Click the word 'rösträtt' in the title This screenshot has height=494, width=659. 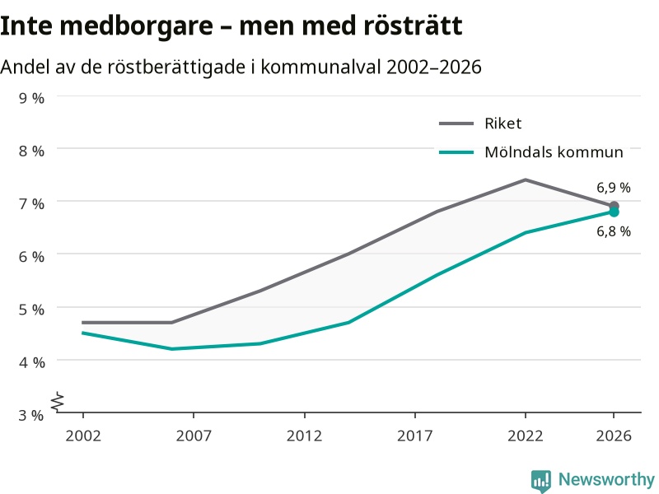tap(413, 26)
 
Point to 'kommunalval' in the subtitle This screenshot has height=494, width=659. tap(320, 67)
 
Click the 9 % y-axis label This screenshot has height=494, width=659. tap(31, 98)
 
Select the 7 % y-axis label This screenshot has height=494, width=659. tap(31, 204)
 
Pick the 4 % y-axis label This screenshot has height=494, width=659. tap(31, 362)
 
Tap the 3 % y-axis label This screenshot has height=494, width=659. tap(31, 416)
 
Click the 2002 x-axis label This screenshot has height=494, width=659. tap(83, 436)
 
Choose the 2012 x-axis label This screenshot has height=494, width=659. tap(304, 436)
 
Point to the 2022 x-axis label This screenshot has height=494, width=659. tap(526, 436)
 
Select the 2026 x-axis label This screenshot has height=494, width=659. tap(614, 436)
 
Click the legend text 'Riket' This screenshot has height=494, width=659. tap(503, 123)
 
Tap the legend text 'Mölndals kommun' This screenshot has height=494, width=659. tap(554, 152)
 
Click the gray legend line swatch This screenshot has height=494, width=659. tap(456, 123)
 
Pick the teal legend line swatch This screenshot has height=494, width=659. tap(456, 152)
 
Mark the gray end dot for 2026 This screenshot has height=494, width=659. tap(614, 206)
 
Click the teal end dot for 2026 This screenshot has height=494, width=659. tap(614, 212)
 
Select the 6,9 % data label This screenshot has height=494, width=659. tap(614, 188)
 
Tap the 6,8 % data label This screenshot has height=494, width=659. tap(614, 231)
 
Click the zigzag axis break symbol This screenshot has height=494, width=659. tap(58, 402)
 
